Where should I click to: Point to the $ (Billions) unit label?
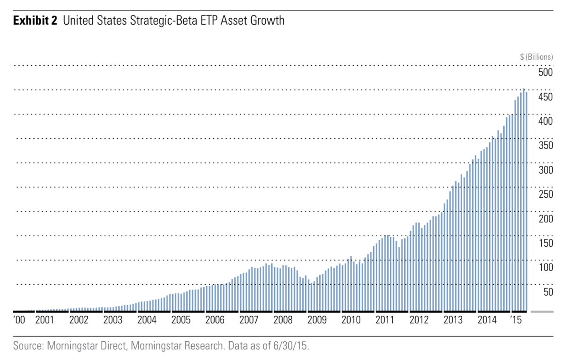click(537, 57)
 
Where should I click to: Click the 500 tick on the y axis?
click(545, 73)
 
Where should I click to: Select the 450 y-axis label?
click(545, 97)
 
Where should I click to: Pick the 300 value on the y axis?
click(545, 170)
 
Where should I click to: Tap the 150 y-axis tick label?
click(545, 243)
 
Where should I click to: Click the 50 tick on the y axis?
click(548, 292)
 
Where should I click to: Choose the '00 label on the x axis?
click(19, 320)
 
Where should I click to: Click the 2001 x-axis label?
click(45, 320)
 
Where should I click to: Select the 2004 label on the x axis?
click(147, 320)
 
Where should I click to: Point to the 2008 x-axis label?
click(283, 320)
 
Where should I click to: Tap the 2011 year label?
click(385, 320)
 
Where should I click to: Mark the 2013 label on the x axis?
click(453, 320)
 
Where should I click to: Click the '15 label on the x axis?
click(516, 320)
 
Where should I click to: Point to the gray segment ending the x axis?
click(542, 311)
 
